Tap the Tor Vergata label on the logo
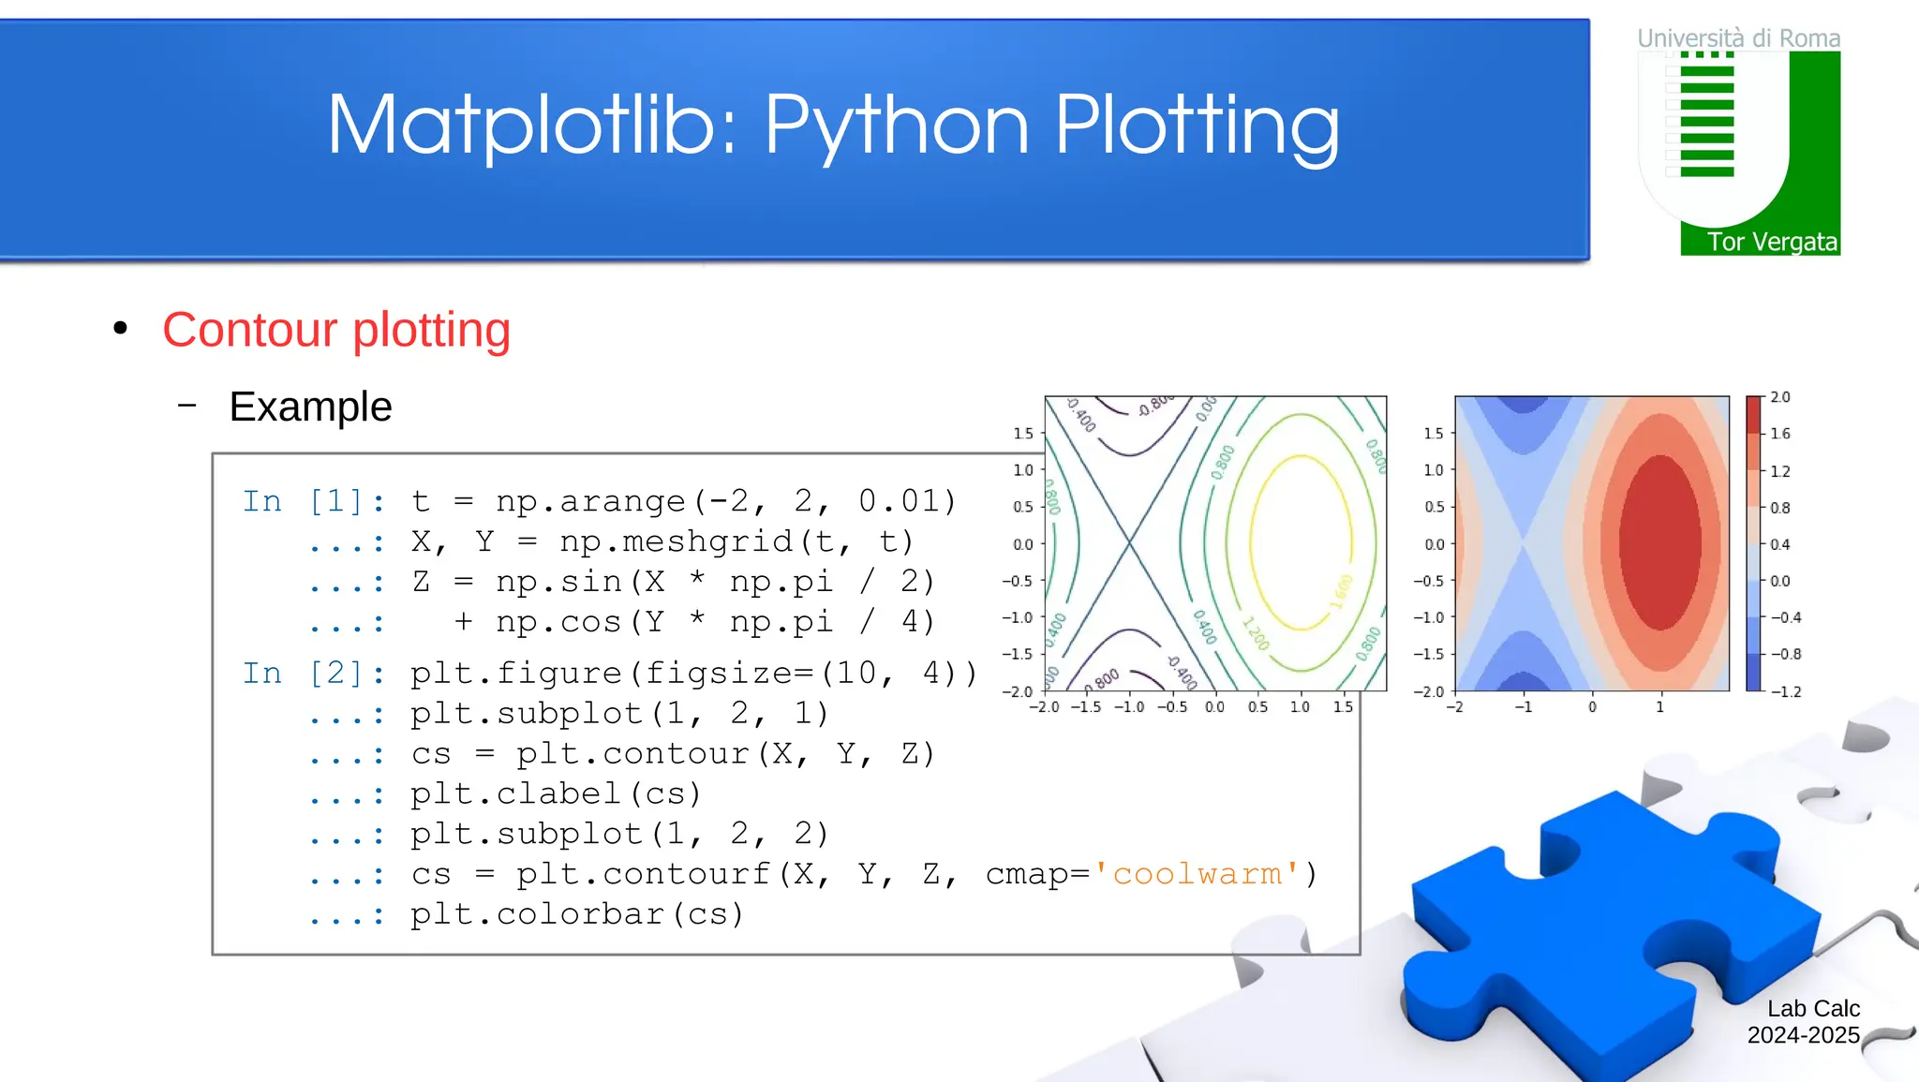[1771, 242]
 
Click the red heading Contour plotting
[336, 330]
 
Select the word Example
[310, 407]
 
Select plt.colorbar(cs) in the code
[577, 914]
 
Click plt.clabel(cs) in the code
[556, 794]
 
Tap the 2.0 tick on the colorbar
[1779, 397]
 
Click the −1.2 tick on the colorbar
[1785, 691]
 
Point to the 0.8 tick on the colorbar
[1779, 508]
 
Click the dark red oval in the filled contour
[1660, 543]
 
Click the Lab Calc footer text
[1812, 1009]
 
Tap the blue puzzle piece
[1612, 927]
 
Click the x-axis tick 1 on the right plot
[1659, 707]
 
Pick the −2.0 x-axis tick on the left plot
[1044, 707]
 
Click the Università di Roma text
[1738, 38]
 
